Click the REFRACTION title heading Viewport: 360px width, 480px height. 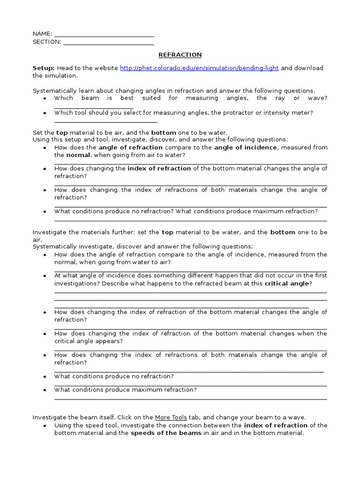point(180,54)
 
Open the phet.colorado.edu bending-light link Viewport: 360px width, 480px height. point(199,68)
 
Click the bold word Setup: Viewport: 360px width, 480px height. point(44,68)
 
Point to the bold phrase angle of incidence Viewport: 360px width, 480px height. point(246,147)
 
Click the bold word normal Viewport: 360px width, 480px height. point(66,155)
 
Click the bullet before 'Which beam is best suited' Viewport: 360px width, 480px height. point(44,98)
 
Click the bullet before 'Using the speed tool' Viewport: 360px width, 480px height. point(44,426)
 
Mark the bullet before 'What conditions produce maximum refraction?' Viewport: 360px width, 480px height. point(44,390)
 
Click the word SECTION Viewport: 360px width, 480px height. point(46,42)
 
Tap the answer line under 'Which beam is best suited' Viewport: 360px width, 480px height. point(94,107)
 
